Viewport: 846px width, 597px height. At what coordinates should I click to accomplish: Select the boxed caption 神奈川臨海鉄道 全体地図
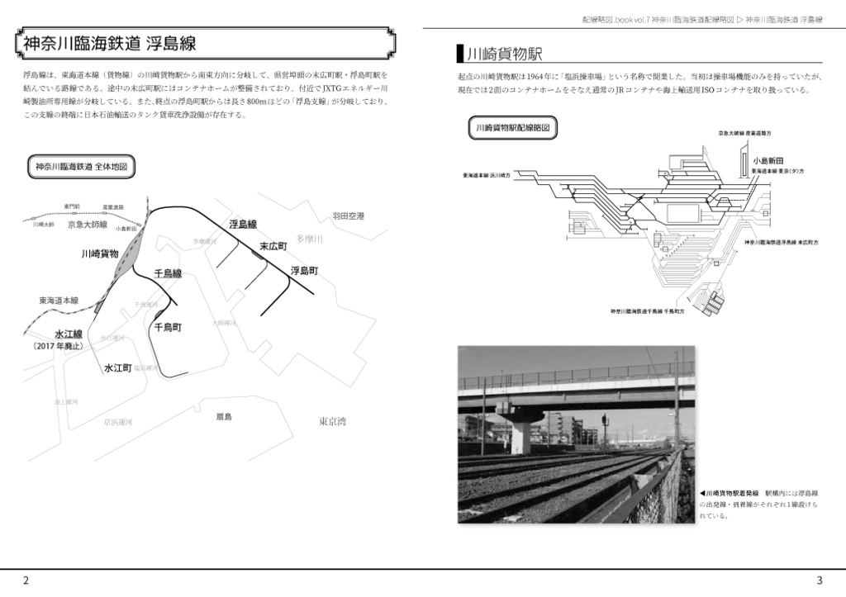pyautogui.click(x=81, y=166)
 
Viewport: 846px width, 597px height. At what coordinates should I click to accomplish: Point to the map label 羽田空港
pyautogui.click(x=348, y=216)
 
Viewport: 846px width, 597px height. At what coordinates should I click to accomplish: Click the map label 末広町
pyautogui.click(x=273, y=247)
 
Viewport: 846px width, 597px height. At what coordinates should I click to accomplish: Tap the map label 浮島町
pyautogui.click(x=304, y=270)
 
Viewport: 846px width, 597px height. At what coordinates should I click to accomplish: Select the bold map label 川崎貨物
pyautogui.click(x=100, y=253)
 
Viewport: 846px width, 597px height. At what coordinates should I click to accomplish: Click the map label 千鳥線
pyautogui.click(x=168, y=272)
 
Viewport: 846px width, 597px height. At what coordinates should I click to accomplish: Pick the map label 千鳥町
pyautogui.click(x=168, y=327)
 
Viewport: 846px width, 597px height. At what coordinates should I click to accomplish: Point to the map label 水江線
pyautogui.click(x=69, y=334)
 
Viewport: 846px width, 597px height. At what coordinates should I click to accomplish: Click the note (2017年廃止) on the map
pyautogui.click(x=58, y=347)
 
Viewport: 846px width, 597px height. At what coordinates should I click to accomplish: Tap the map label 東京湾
pyautogui.click(x=332, y=421)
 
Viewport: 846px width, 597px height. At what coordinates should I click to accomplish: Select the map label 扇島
pyautogui.click(x=224, y=416)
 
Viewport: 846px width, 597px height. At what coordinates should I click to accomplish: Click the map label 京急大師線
pyautogui.click(x=88, y=225)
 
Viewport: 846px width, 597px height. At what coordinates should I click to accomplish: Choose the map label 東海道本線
pyautogui.click(x=58, y=301)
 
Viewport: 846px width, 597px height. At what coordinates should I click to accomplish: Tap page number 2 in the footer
pyautogui.click(x=26, y=580)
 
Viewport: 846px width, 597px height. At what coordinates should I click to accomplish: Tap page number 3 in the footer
pyautogui.click(x=819, y=580)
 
